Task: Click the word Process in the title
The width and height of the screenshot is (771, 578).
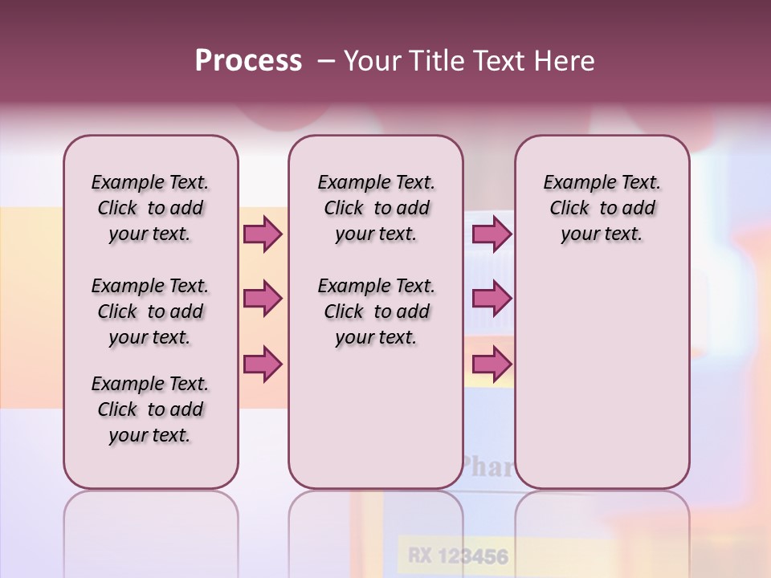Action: tap(248, 61)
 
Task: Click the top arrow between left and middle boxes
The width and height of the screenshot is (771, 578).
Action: tap(263, 234)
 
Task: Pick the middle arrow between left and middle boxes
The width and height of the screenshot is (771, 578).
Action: tap(263, 299)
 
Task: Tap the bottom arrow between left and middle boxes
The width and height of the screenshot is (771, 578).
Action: tap(263, 364)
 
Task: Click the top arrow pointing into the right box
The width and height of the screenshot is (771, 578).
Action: tap(492, 234)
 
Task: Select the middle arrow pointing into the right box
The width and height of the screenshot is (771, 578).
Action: tap(492, 299)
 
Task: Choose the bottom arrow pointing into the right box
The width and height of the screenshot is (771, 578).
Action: tap(492, 364)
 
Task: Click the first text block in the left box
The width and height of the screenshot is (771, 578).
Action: tap(150, 208)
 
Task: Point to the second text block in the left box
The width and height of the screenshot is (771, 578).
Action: tap(150, 311)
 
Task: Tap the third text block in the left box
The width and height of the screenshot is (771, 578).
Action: tap(150, 409)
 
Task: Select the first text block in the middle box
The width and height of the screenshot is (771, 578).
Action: tap(376, 208)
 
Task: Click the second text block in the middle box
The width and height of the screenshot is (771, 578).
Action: tap(376, 311)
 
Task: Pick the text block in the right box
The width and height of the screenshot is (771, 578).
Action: tap(602, 208)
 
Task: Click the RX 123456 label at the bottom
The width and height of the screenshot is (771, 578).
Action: tap(458, 556)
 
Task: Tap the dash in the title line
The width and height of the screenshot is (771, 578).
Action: tap(325, 61)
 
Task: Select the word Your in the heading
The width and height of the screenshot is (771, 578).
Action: tap(374, 61)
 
